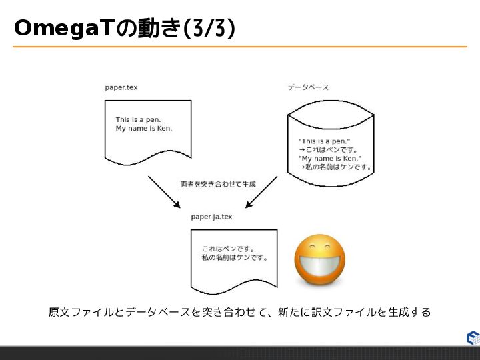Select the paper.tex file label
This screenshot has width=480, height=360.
point(121,87)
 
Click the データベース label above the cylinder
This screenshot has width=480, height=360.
point(308,87)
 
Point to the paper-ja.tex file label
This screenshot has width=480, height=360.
point(211,217)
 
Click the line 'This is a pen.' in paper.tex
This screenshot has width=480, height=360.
point(139,120)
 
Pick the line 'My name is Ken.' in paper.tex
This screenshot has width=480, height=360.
point(143,128)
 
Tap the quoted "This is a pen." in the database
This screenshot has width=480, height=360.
point(324,141)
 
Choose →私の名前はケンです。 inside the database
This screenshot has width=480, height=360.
point(335,167)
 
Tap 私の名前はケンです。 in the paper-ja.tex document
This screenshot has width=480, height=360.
point(234,257)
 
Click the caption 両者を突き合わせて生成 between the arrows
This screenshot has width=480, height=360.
point(218,183)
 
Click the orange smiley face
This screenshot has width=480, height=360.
point(320,259)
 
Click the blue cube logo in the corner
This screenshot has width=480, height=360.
point(473,337)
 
